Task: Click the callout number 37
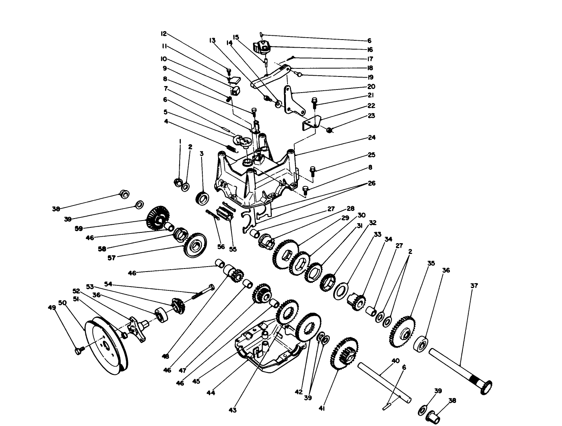474,286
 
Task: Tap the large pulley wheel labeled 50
103,346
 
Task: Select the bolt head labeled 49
79,350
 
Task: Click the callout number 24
372,138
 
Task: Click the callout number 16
370,50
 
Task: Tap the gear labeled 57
195,245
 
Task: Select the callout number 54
108,284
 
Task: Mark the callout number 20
371,87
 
